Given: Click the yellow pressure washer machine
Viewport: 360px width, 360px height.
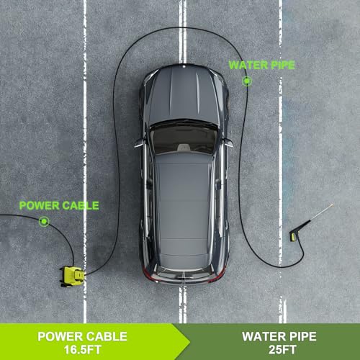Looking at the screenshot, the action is pyautogui.click(x=72, y=276).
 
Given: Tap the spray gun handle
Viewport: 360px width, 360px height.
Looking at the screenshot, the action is pyautogui.click(x=294, y=235).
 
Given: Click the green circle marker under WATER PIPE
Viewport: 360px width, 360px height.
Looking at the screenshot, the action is pyautogui.click(x=246, y=81).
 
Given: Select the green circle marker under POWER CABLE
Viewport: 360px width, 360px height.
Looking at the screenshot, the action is pyautogui.click(x=44, y=221).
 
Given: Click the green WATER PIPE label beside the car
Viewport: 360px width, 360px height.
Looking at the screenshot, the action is pyautogui.click(x=262, y=66).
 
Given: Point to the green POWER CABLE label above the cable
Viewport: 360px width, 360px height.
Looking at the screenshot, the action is pyautogui.click(x=59, y=206).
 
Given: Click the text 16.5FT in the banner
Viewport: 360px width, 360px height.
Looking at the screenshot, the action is pyautogui.click(x=82, y=350).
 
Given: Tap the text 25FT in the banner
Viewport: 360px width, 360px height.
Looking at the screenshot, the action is pyautogui.click(x=282, y=350).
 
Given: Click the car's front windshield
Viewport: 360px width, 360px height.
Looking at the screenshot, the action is pyautogui.click(x=184, y=138).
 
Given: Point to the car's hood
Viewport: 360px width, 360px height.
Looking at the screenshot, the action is pyautogui.click(x=184, y=95).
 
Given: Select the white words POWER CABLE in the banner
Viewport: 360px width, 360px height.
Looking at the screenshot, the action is pyautogui.click(x=82, y=336).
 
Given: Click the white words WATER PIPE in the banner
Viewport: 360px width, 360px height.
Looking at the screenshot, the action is pyautogui.click(x=279, y=336).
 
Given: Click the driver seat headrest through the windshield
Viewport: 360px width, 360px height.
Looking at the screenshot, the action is pyautogui.click(x=184, y=147).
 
